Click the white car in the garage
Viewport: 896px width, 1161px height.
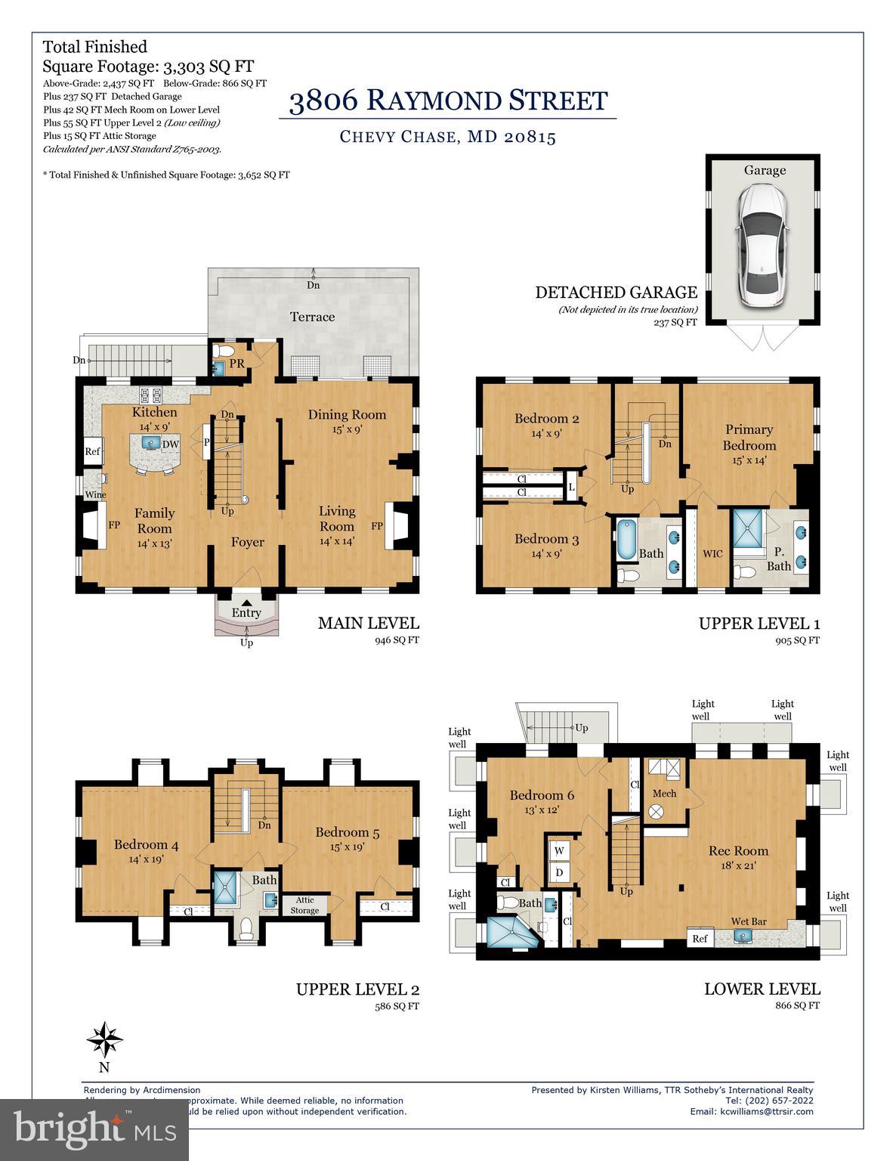(x=763, y=246)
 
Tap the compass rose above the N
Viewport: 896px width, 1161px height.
(x=104, y=1041)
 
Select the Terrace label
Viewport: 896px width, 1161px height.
(x=313, y=317)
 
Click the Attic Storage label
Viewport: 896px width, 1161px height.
(x=304, y=905)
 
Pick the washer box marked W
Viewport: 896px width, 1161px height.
(x=560, y=850)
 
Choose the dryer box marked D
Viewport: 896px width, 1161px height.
(x=560, y=872)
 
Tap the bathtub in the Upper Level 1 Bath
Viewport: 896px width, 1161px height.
(x=627, y=540)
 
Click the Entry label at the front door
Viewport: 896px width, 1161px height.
(x=246, y=613)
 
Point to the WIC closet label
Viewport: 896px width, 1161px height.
(x=712, y=553)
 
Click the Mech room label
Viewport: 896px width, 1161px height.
(x=664, y=793)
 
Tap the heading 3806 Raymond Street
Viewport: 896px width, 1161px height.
(x=448, y=101)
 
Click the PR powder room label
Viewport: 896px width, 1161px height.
(x=236, y=364)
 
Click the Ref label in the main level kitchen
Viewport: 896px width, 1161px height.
(x=92, y=452)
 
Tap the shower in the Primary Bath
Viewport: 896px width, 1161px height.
(x=749, y=533)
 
